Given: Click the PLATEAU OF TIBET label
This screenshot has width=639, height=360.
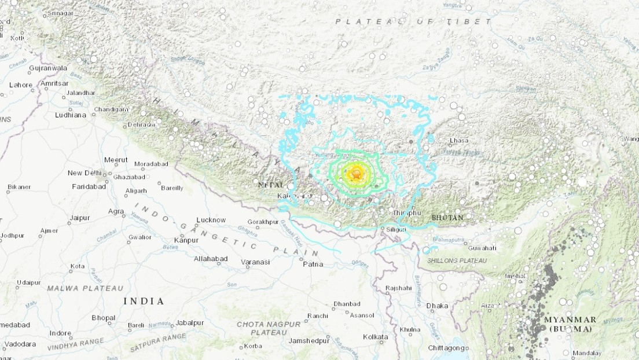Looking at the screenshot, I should tap(413, 21).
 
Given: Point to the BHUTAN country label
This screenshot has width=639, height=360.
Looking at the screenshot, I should tap(447, 218).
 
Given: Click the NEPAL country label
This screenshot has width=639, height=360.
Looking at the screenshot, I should tap(271, 185).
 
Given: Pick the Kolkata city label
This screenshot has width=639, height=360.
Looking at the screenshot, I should tap(375, 337).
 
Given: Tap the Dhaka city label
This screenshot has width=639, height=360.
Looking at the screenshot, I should tap(437, 306).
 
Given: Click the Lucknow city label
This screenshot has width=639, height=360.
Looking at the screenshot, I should tap(211, 220).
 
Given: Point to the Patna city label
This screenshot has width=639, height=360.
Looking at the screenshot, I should tap(313, 265).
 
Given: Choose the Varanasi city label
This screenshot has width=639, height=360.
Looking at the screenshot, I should tap(256, 262).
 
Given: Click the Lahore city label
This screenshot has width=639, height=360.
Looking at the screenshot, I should tap(21, 85).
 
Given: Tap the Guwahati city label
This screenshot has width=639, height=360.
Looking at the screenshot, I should tap(466, 248).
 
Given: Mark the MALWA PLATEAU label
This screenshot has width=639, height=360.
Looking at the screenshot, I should tap(85, 288).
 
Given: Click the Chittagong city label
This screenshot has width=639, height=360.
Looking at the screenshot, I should tap(446, 348).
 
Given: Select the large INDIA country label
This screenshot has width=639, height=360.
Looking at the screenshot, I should tap(144, 302).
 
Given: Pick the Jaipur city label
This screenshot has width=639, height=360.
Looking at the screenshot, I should tap(79, 218).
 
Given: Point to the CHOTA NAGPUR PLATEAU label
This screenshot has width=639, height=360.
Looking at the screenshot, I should tap(269, 328).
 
